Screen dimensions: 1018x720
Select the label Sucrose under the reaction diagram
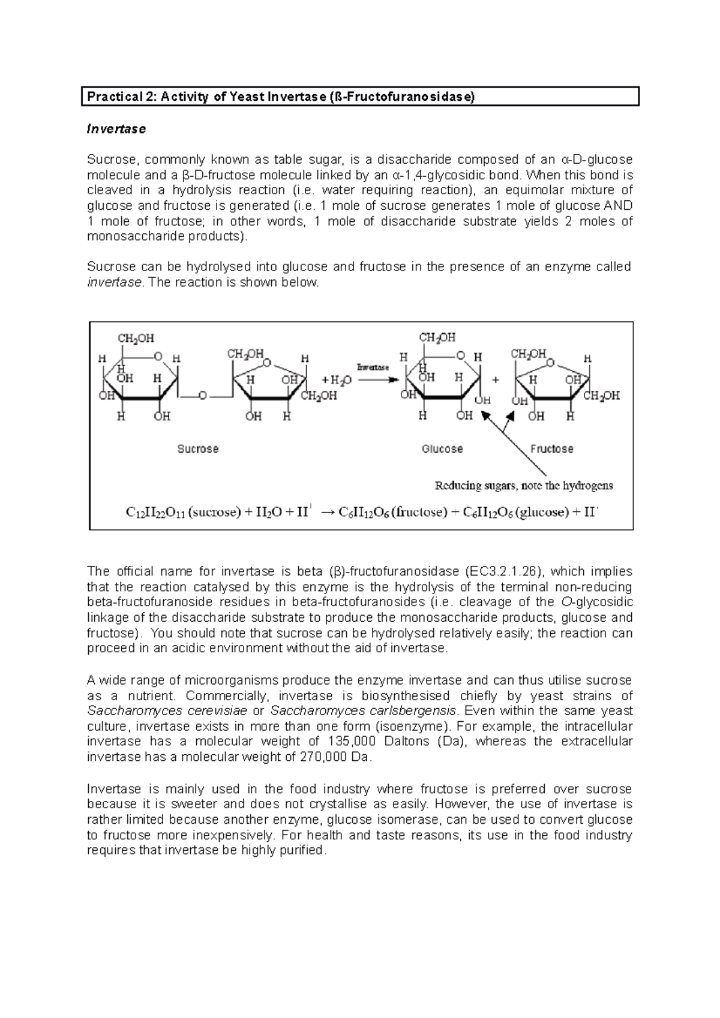[197, 449]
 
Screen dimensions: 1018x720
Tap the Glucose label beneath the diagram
[442, 449]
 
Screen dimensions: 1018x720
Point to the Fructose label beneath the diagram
[551, 449]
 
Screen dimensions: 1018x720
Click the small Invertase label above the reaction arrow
[373, 367]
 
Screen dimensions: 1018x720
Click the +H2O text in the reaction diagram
[337, 380]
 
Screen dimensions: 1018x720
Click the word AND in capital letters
[618, 206]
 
